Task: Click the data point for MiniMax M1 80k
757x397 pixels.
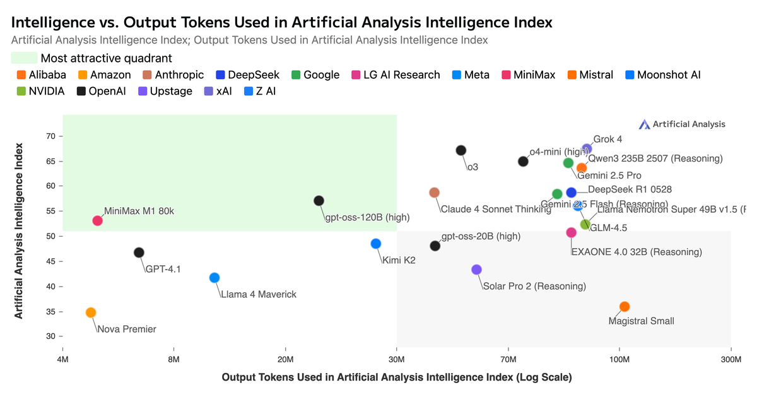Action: click(x=97, y=220)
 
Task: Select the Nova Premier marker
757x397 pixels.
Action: click(x=91, y=312)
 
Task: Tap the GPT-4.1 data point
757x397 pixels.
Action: click(x=139, y=252)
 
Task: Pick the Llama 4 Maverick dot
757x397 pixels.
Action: click(x=214, y=278)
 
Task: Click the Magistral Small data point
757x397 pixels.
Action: click(x=625, y=307)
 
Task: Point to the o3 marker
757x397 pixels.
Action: click(x=461, y=150)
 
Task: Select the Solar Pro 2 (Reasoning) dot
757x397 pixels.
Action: click(x=476, y=270)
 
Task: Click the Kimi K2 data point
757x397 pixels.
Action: click(x=375, y=244)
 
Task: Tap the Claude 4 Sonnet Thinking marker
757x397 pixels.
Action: click(x=434, y=193)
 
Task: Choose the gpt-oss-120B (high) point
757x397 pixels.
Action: click(x=319, y=201)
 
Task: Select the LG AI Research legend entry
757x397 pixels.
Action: click(x=396, y=74)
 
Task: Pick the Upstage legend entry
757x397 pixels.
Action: click(x=165, y=91)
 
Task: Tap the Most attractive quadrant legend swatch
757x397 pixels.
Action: click(x=24, y=58)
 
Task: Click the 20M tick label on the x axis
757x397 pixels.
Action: click(x=285, y=359)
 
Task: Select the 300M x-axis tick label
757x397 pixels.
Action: click(x=731, y=359)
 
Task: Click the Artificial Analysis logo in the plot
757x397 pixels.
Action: click(x=682, y=124)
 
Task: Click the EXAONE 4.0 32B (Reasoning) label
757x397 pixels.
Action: click(x=637, y=252)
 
